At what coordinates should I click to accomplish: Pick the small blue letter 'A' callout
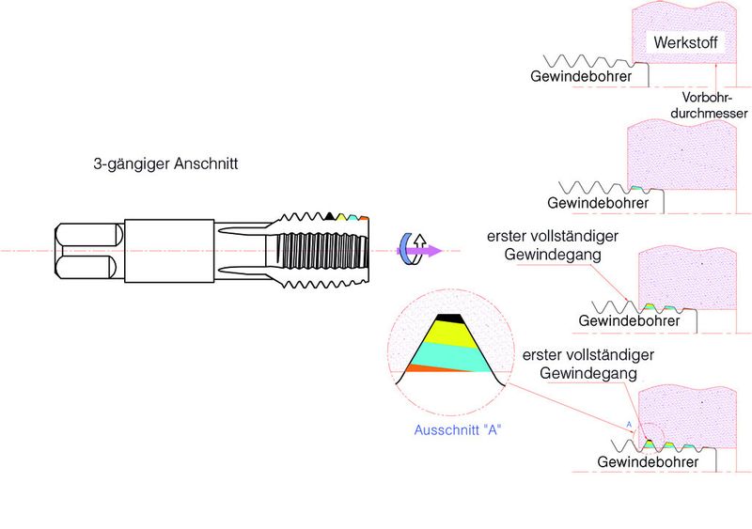point(628,425)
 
